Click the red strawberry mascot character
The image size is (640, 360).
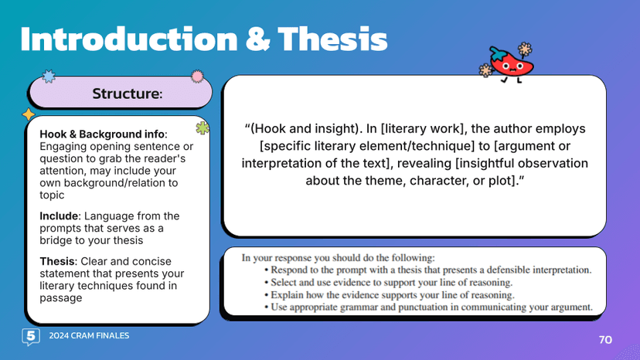506,64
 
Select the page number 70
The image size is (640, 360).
605,340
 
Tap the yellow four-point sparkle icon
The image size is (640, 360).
29,114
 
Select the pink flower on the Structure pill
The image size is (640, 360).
197,76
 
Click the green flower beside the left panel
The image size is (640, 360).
203,129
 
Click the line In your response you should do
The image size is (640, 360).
339,257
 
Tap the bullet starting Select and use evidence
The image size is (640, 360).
393,282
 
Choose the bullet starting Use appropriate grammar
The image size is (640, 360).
431,307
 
